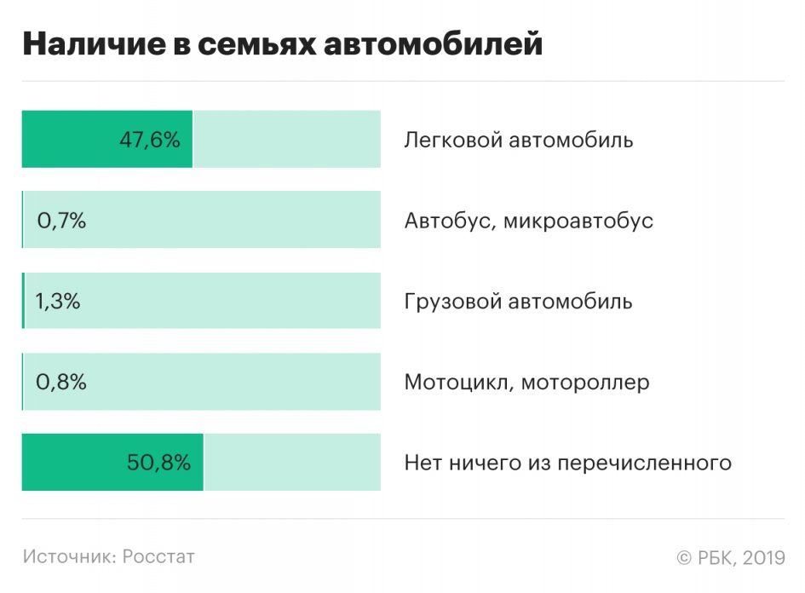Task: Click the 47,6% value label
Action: tap(149, 140)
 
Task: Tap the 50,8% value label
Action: tap(158, 463)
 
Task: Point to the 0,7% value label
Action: tap(61, 221)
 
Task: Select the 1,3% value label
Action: tap(58, 302)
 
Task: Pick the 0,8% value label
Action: tap(61, 382)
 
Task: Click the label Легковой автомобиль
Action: tap(518, 140)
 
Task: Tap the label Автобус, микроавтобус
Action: tap(528, 221)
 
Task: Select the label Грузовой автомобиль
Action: tap(518, 302)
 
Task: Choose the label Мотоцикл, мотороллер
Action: tap(526, 382)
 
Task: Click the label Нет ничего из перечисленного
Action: tap(567, 463)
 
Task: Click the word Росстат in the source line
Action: tap(158, 556)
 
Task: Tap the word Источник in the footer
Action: tap(69, 556)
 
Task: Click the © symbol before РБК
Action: tap(683, 558)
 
